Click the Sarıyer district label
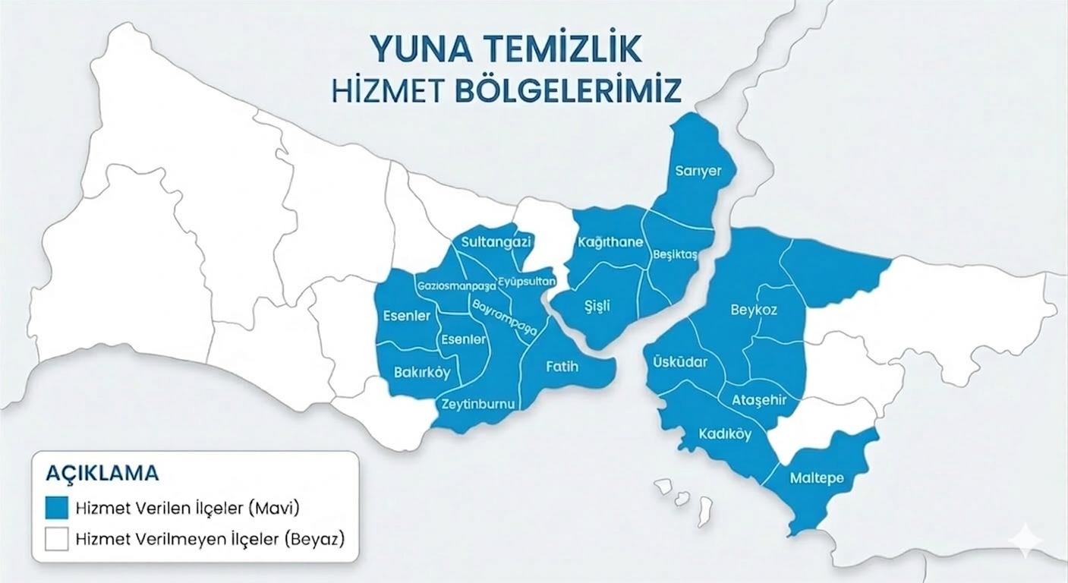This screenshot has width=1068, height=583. pyautogui.click(x=698, y=171)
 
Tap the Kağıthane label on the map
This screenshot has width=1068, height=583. pyautogui.click(x=610, y=242)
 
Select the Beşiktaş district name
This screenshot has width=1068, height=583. pyautogui.click(x=675, y=255)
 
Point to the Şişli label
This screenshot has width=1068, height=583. pyautogui.click(x=597, y=306)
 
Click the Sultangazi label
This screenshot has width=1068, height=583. pyautogui.click(x=497, y=242)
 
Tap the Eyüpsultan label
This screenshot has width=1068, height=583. pyautogui.click(x=528, y=282)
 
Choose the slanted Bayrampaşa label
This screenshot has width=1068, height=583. pyautogui.click(x=505, y=317)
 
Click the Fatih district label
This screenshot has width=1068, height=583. pyautogui.click(x=562, y=367)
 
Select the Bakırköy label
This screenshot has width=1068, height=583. pyautogui.click(x=422, y=373)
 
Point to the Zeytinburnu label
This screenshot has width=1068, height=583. pyautogui.click(x=478, y=404)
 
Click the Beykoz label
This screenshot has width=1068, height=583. pyautogui.click(x=754, y=310)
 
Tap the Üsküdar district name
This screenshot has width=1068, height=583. pyautogui.click(x=680, y=362)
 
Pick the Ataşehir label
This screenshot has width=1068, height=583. pyautogui.click(x=759, y=400)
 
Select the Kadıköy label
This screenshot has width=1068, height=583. pyautogui.click(x=725, y=434)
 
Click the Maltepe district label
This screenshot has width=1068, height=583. pyautogui.click(x=817, y=478)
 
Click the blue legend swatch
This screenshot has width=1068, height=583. pyautogui.click(x=56, y=506)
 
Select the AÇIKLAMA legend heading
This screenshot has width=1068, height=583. pyautogui.click(x=102, y=473)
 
